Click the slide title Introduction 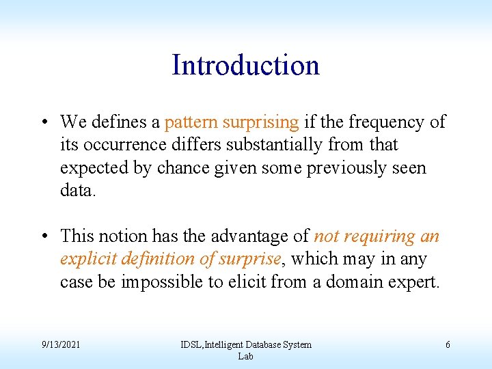click(x=245, y=66)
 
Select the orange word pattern click(x=189, y=123)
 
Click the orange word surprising click(x=258, y=123)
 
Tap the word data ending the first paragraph click(x=77, y=191)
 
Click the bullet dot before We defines click(x=43, y=123)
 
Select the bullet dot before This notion click(x=43, y=236)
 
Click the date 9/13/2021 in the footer click(x=61, y=345)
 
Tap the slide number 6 click(x=448, y=345)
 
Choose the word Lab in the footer click(x=245, y=356)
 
